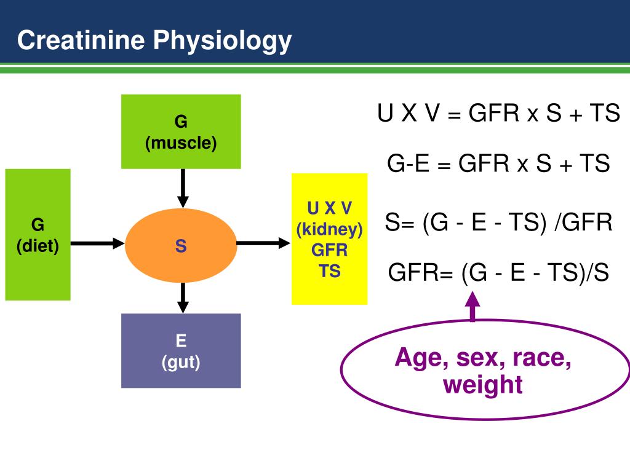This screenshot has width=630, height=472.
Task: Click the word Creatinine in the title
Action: tap(81, 41)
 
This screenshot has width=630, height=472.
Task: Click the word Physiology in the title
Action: tap(223, 42)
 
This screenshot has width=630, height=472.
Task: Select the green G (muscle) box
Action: tap(181, 132)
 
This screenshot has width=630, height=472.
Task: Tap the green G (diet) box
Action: tap(38, 235)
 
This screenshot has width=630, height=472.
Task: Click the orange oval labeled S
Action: tap(181, 245)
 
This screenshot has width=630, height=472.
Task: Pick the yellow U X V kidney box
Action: tap(329, 238)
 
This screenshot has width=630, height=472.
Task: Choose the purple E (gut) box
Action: tap(181, 351)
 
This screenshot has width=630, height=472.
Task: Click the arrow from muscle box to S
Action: tap(183, 188)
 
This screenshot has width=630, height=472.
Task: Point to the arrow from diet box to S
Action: tap(98, 243)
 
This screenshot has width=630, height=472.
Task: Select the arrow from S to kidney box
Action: tap(263, 243)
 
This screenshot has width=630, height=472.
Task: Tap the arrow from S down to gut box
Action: tap(183, 297)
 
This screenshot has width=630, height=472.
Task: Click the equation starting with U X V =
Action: tap(498, 114)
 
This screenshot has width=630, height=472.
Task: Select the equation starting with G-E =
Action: tap(498, 164)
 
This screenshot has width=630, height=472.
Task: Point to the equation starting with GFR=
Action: tap(498, 272)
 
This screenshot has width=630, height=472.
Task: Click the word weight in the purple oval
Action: tap(483, 385)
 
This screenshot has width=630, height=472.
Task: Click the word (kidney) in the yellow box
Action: tap(329, 229)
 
